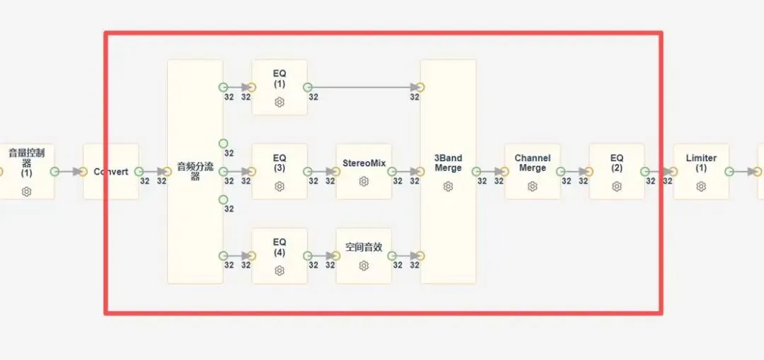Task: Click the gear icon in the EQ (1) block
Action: pyautogui.click(x=279, y=103)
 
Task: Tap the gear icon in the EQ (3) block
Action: pyautogui.click(x=279, y=186)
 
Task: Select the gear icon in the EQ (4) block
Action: pyautogui.click(x=279, y=270)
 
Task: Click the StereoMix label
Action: pyautogui.click(x=364, y=163)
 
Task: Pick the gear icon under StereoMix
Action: pyautogui.click(x=364, y=182)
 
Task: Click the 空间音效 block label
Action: pyautogui.click(x=364, y=248)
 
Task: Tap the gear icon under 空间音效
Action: pyautogui.click(x=364, y=266)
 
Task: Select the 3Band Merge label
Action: pyautogui.click(x=448, y=163)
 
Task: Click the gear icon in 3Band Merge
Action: pyautogui.click(x=448, y=186)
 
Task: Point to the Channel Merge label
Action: pyautogui.click(x=533, y=163)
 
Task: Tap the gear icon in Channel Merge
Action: pyautogui.click(x=533, y=186)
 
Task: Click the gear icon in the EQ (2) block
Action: pyautogui.click(x=617, y=186)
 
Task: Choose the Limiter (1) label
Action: pyautogui.click(x=701, y=163)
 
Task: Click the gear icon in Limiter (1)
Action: pyautogui.click(x=701, y=186)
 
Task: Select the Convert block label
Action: pyautogui.click(x=110, y=172)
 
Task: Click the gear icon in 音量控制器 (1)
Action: pyautogui.click(x=26, y=192)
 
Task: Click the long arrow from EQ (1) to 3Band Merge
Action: pyautogui.click(x=364, y=88)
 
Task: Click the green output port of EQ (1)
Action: pyautogui.click(x=308, y=88)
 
